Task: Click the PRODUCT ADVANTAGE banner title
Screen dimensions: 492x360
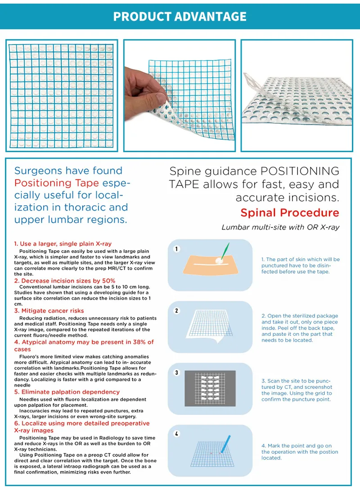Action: click(180, 17)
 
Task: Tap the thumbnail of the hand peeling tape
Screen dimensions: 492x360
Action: click(180, 95)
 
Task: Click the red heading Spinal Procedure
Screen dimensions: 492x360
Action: click(290, 212)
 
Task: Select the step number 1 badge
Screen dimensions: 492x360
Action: click(177, 249)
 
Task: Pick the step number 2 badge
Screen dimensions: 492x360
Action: click(177, 311)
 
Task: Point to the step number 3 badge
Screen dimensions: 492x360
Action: click(177, 373)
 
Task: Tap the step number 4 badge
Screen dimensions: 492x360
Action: click(177, 434)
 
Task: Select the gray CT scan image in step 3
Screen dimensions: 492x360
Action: click(210, 388)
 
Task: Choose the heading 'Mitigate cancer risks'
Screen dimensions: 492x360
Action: click(52, 311)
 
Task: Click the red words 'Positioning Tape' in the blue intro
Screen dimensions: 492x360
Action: click(49, 183)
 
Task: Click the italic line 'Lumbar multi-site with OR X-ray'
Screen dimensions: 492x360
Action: click(280, 227)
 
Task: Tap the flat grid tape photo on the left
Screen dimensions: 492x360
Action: click(62, 95)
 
